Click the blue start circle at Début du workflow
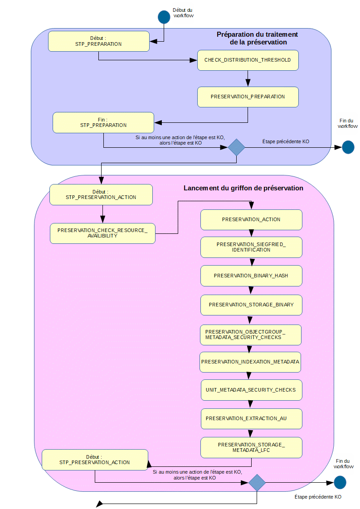pos(164,17)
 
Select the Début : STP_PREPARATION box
pos(99,41)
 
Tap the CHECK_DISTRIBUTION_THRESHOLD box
pos(248,60)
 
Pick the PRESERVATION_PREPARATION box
pos(248,97)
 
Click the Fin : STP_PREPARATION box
pos(103,122)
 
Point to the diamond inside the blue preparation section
pos(236,147)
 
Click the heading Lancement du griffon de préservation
pos(243,188)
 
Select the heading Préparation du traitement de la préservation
pos(258,38)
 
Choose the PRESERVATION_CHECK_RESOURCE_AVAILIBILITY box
pos(102,233)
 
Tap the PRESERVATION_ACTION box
pos(251,219)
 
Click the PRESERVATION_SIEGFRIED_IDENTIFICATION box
pos(251,247)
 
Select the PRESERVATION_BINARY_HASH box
pos(251,276)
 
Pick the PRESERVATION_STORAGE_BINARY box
pos(251,305)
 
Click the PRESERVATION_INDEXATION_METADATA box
pos(250,362)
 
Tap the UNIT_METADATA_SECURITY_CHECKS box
pos(251,390)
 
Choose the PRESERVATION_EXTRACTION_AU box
pos(251,418)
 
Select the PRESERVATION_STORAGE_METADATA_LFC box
pos(251,447)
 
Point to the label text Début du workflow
pos(183,12)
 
